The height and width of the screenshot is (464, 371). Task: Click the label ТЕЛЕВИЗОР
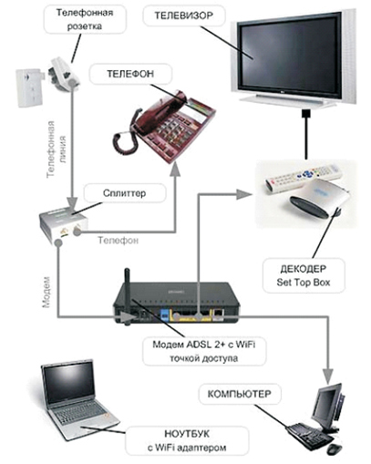tap(184, 15)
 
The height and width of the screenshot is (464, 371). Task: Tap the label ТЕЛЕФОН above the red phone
tap(130, 74)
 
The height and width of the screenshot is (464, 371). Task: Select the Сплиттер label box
tap(125, 193)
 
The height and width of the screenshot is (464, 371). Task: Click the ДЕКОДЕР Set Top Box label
tap(304, 275)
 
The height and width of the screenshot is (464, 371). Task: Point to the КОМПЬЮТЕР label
tap(240, 394)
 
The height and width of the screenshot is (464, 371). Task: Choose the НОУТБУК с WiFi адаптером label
tap(187, 440)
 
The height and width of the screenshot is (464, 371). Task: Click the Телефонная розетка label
tap(85, 19)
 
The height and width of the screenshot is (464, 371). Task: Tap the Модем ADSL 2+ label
tap(204, 351)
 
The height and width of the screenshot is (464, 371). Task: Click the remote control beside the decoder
tap(304, 179)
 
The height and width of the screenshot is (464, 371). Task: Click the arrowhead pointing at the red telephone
tap(175, 170)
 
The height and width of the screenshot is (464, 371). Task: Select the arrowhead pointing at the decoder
tap(243, 194)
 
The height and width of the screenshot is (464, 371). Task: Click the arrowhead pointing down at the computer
tap(328, 377)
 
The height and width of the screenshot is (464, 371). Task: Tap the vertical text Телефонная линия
tap(56, 149)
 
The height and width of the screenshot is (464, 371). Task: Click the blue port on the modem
tap(164, 314)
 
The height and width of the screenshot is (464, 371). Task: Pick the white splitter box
tap(64, 225)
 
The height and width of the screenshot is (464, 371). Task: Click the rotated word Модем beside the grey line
tap(46, 292)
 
